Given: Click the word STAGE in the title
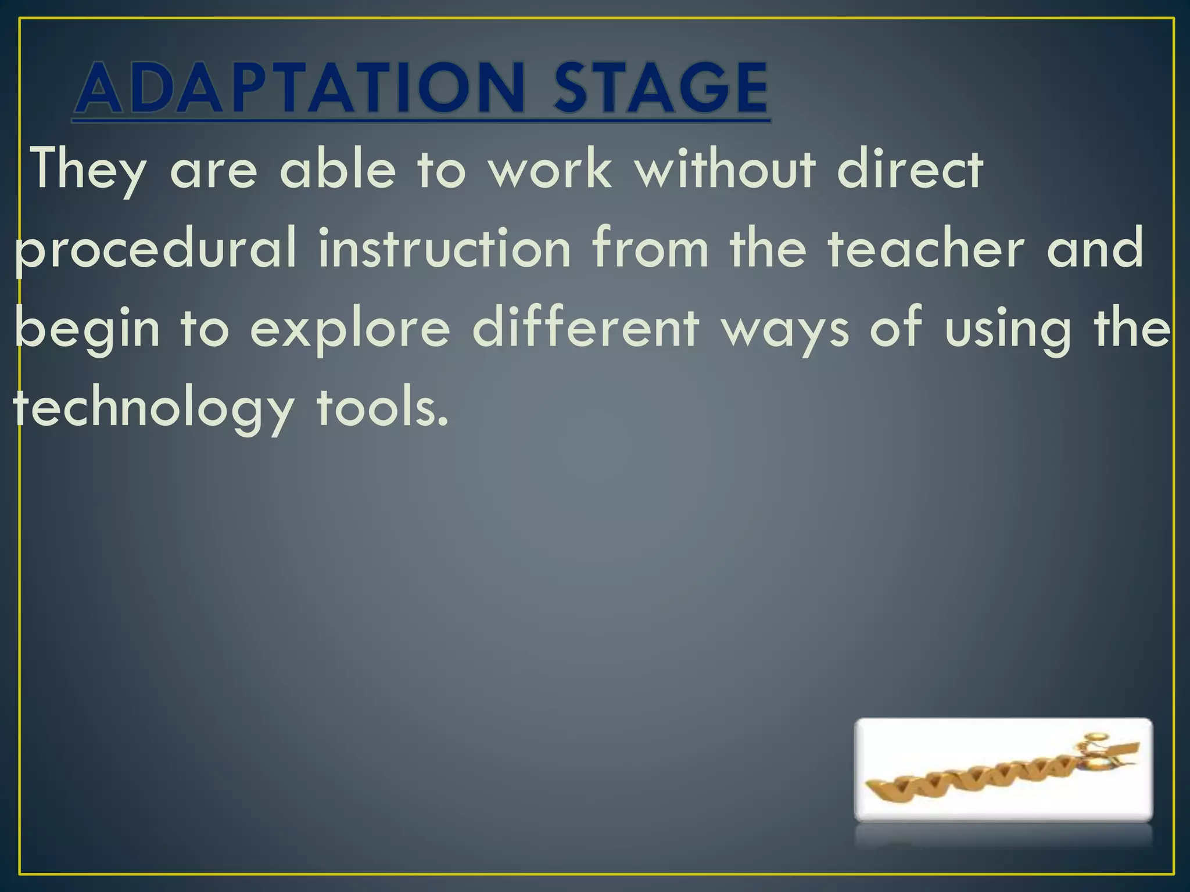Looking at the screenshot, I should tap(661, 88).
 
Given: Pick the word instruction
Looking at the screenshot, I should tap(445, 248).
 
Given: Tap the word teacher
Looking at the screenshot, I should tap(926, 248).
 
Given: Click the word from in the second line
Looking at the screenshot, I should tap(650, 248).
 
